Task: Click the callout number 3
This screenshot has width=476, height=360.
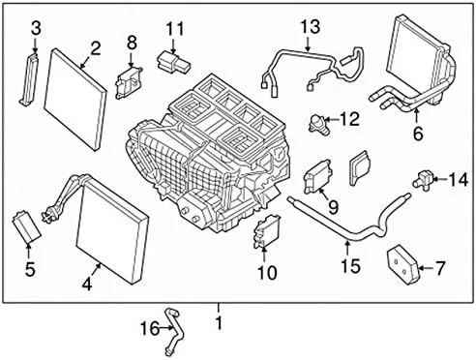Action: pyautogui.click(x=36, y=28)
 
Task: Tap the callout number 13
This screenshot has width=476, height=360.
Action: pyautogui.click(x=311, y=26)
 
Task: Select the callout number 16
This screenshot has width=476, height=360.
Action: pyautogui.click(x=150, y=329)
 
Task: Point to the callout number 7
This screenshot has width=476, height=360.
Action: pyautogui.click(x=440, y=268)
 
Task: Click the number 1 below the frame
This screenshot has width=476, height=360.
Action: pyautogui.click(x=219, y=322)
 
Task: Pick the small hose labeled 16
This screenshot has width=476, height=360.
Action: pyautogui.click(x=173, y=330)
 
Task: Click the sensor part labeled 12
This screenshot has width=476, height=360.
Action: pyautogui.click(x=316, y=123)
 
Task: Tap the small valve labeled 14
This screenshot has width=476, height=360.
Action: pyautogui.click(x=423, y=178)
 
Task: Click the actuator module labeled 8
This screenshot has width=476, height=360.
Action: pyautogui.click(x=129, y=83)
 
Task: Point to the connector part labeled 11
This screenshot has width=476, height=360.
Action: pyautogui.click(x=173, y=62)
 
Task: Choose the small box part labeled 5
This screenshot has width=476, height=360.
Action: pyautogui.click(x=26, y=226)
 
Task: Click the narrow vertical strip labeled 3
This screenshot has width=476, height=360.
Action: pyautogui.click(x=29, y=79)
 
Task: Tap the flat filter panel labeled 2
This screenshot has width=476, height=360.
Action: pyautogui.click(x=75, y=99)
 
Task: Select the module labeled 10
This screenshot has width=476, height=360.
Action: pyautogui.click(x=267, y=231)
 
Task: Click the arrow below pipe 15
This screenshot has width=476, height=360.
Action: pyautogui.click(x=347, y=248)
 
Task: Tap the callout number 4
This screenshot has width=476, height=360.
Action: pyautogui.click(x=87, y=285)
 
